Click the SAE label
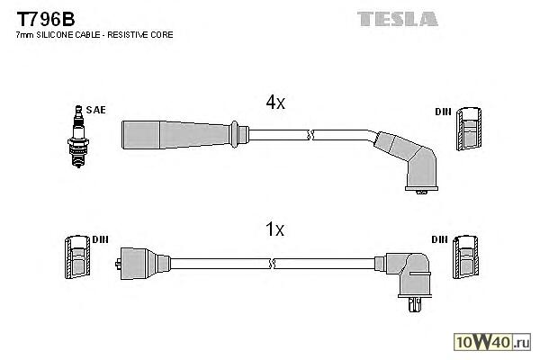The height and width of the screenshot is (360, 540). pyautogui.click(x=96, y=110)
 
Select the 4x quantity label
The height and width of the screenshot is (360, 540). pyautogui.click(x=275, y=103)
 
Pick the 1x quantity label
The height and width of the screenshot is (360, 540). pyautogui.click(x=275, y=230)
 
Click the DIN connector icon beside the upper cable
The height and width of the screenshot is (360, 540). pyautogui.click(x=467, y=130)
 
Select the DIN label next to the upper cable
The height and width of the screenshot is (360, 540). pyautogui.click(x=443, y=112)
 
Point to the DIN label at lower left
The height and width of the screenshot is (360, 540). pyautogui.click(x=99, y=239)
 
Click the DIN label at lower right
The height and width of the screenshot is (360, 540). pyautogui.click(x=440, y=239)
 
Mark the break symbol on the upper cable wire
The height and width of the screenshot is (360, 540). pyautogui.click(x=310, y=134)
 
